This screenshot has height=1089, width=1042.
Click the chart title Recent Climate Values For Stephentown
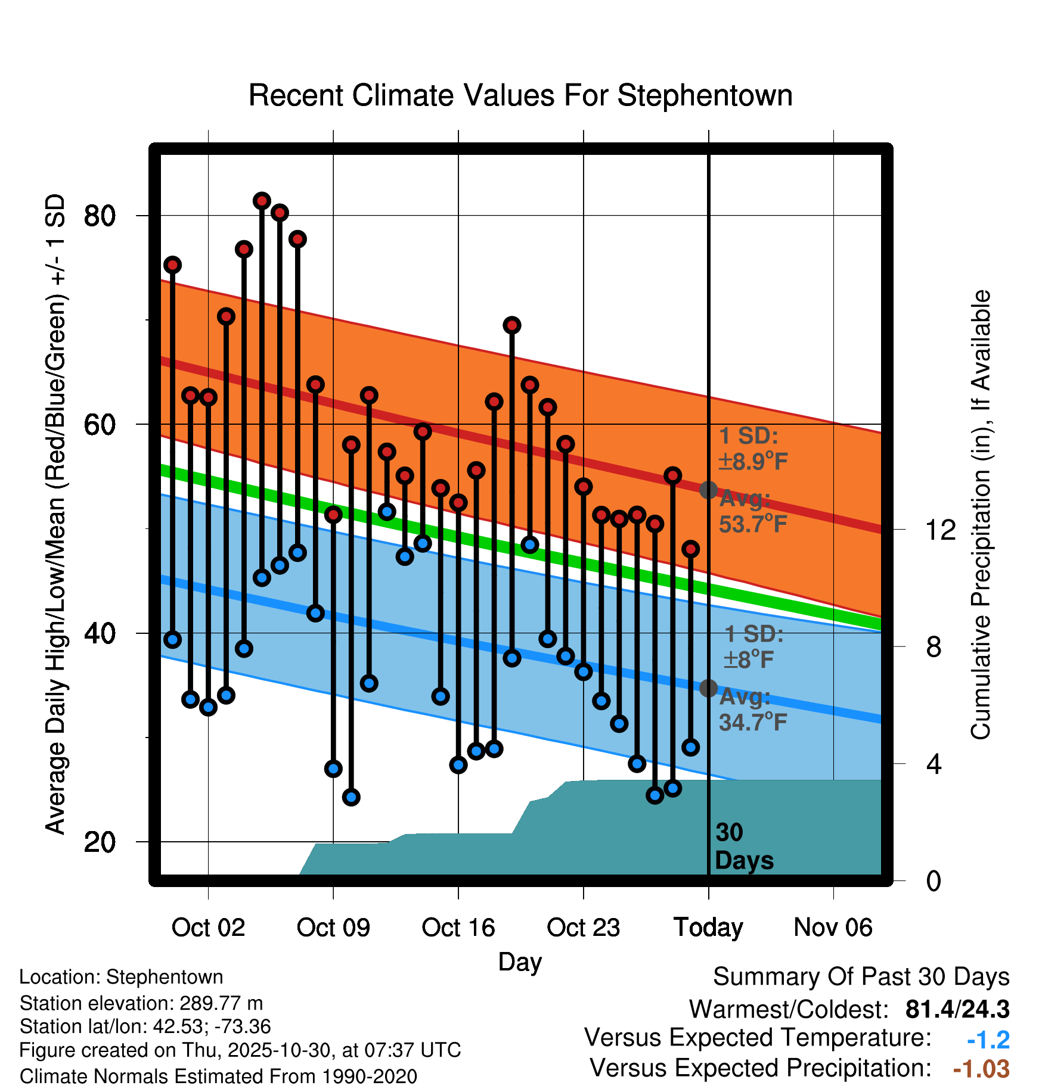coord(520,96)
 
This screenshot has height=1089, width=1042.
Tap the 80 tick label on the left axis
coord(100,216)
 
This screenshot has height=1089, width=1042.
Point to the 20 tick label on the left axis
coord(100,842)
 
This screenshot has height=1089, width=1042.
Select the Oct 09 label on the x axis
coord(333,928)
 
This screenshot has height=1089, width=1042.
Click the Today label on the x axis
coord(708,928)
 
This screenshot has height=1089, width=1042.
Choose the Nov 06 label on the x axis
coord(833,928)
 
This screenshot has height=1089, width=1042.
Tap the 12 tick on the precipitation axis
coord(940,530)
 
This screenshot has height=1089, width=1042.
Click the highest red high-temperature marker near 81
coord(262,201)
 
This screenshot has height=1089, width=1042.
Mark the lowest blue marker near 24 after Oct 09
coord(351,797)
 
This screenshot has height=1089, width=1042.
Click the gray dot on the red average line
coord(708,490)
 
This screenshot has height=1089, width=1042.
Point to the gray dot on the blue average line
coord(708,688)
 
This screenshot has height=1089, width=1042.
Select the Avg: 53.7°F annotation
coord(753,512)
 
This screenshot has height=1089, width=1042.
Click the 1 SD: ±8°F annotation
coord(753,647)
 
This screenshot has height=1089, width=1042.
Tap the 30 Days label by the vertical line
coord(743,847)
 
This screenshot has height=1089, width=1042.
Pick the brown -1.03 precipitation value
coord(981,1069)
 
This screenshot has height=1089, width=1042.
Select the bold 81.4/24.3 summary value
coord(957,1009)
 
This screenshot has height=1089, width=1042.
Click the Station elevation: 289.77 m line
coord(141,1003)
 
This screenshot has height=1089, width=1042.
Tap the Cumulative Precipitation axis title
coord(981,515)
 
